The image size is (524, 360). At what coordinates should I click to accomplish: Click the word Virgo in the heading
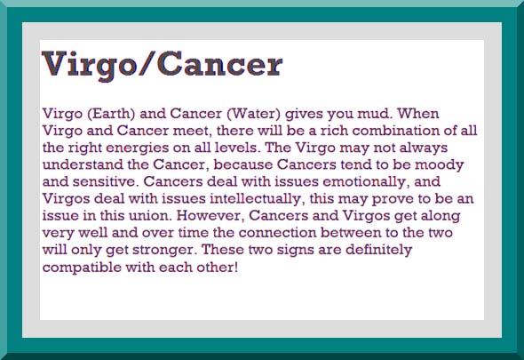(89, 65)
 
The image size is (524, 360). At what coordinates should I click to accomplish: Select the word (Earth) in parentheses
(111, 114)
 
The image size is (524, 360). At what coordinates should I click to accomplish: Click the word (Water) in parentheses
(254, 114)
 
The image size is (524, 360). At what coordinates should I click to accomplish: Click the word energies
(138, 148)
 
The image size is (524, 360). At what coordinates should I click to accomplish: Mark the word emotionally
(366, 182)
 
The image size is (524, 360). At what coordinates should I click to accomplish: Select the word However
(209, 216)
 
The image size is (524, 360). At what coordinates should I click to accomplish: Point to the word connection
(277, 233)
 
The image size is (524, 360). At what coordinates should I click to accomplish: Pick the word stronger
(164, 251)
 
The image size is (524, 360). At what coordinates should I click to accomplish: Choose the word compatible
(82, 268)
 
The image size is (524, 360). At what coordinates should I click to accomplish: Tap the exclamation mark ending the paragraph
(236, 267)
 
